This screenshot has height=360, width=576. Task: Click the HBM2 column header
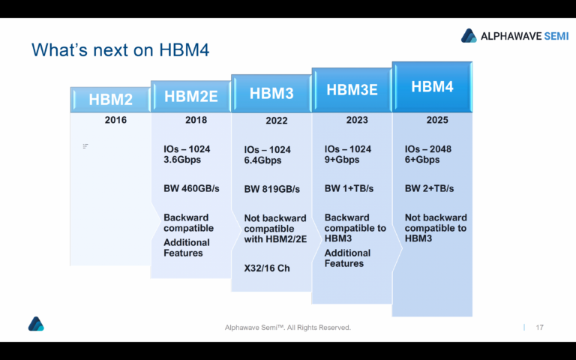[x=111, y=100]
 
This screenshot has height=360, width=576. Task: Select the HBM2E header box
[x=190, y=96]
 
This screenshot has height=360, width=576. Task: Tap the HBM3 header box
[x=271, y=93]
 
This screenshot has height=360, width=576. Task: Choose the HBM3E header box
[x=351, y=90]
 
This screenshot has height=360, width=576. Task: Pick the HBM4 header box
[x=432, y=87]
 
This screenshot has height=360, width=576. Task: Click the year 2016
[x=115, y=120]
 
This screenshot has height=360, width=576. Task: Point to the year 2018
[x=196, y=120]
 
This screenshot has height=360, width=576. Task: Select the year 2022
[x=276, y=121]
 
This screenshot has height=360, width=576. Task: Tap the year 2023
[x=357, y=120]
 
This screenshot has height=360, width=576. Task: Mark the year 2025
[x=437, y=120]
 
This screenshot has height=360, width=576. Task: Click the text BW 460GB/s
[x=191, y=188]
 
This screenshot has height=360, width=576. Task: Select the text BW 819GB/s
[x=271, y=189]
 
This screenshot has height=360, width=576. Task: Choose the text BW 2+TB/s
[x=429, y=188]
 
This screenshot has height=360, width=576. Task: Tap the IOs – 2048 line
[x=428, y=149]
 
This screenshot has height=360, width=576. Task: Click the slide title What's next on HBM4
[x=120, y=50]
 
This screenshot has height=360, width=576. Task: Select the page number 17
[x=538, y=328]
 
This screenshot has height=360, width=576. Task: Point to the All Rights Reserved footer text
[x=288, y=328]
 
